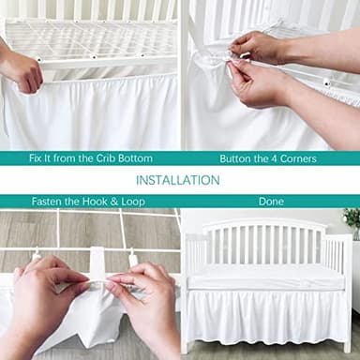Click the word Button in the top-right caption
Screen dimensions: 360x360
[x=236, y=158]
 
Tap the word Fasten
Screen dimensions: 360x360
[x=49, y=201]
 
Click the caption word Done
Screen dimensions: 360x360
[x=271, y=201]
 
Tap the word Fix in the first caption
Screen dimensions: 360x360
[x=35, y=158]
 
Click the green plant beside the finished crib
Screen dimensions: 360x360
[x=352, y=221]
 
